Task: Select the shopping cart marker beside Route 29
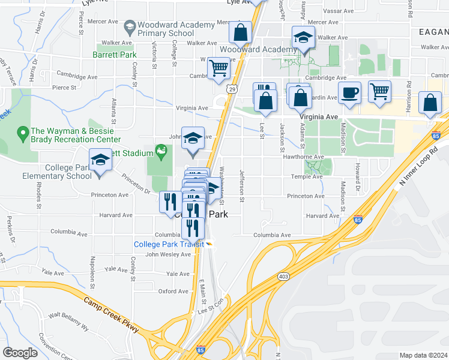[219, 68]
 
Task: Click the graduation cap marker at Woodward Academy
[303, 38]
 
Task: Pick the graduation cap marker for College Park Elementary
[100, 160]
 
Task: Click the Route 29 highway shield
[232, 89]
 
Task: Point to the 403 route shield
[282, 276]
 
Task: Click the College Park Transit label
[169, 244]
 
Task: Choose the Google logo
[20, 353]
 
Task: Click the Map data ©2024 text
[423, 355]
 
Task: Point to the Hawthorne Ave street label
[309, 157]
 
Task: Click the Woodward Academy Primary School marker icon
[129, 27]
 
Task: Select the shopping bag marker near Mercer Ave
[240, 32]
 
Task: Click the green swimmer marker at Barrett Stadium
[160, 149]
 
